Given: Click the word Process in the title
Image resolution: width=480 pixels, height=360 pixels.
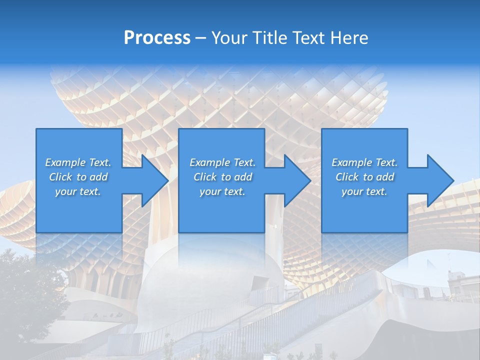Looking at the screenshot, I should [x=157, y=38].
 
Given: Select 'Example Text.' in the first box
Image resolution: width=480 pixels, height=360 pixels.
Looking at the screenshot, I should [x=78, y=162].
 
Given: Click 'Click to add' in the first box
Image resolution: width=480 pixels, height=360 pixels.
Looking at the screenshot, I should [x=78, y=177].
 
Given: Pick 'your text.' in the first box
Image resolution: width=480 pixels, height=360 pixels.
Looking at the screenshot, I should [x=78, y=191].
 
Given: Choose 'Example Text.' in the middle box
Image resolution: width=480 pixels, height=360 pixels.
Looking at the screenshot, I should [x=222, y=162].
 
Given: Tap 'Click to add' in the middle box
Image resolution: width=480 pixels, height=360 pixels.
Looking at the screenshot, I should [x=222, y=177].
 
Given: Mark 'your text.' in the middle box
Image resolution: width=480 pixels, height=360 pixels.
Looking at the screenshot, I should [x=222, y=191].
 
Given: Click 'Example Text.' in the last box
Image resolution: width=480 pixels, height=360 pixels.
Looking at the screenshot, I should [x=364, y=162].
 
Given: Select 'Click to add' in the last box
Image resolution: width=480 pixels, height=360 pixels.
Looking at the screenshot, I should [x=364, y=177].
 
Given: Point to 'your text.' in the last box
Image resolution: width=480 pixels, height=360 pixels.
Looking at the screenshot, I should [x=364, y=191].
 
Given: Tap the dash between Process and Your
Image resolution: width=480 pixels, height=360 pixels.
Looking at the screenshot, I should [x=201, y=38].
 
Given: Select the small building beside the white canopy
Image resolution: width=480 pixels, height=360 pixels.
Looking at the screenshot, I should [x=457, y=282].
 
